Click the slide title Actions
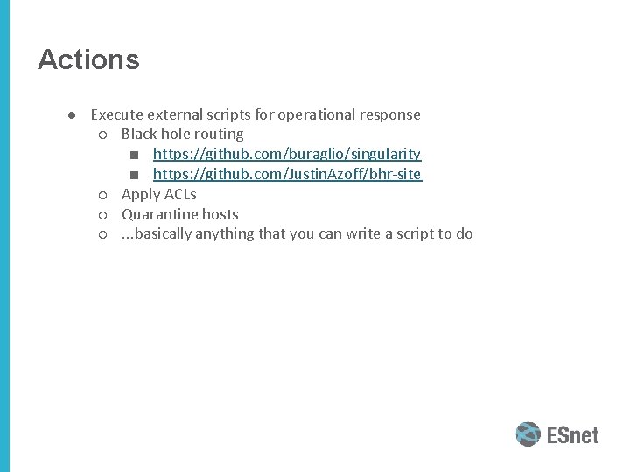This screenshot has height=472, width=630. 88,59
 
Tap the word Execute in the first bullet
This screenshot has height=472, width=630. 117,115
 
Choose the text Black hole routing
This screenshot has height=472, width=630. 182,135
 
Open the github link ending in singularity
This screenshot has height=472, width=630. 287,155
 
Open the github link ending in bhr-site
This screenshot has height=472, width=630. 287,175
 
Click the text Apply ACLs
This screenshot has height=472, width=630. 158,194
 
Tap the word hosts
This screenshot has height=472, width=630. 220,214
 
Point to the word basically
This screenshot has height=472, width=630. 160,234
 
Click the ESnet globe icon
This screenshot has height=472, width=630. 528,434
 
